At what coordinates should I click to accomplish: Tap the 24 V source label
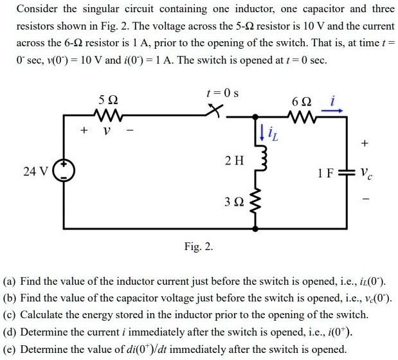pyautogui.click(x=35, y=172)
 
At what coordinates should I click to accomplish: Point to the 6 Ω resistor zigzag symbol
pyautogui.click(x=302, y=116)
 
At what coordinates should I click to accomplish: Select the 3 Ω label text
pyautogui.click(x=233, y=203)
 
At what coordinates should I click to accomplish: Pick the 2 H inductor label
pyautogui.click(x=234, y=160)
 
